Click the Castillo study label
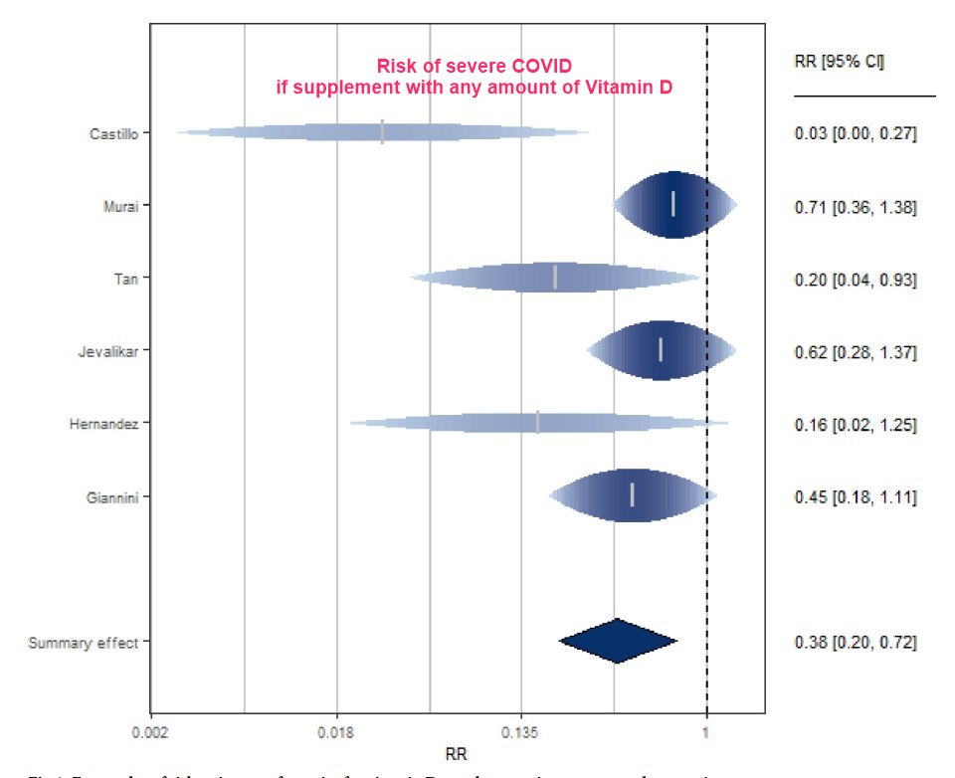pyautogui.click(x=114, y=133)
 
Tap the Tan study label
pyautogui.click(x=126, y=279)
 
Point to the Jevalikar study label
pyautogui.click(x=109, y=351)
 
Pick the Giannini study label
pyautogui.click(x=111, y=496)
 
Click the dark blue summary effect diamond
pyautogui.click(x=618, y=642)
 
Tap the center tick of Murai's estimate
pyautogui.click(x=673, y=204)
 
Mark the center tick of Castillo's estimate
pyautogui.click(x=382, y=132)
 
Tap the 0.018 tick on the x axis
pyautogui.click(x=336, y=731)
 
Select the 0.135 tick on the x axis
pyautogui.click(x=521, y=731)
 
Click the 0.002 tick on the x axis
pyautogui.click(x=150, y=731)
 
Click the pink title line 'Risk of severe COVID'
pyautogui.click(x=474, y=67)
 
